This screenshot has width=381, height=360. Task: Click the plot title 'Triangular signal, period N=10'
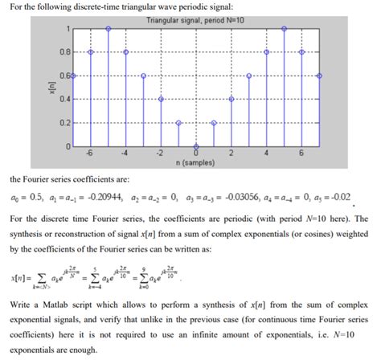(x=196, y=19)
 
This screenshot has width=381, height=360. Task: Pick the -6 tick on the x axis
(x=91, y=153)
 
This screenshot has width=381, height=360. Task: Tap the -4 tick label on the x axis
(x=126, y=153)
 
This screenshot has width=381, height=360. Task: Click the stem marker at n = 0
(x=197, y=145)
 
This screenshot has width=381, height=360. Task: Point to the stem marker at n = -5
(x=109, y=28)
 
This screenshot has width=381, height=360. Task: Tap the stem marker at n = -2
(x=162, y=99)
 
